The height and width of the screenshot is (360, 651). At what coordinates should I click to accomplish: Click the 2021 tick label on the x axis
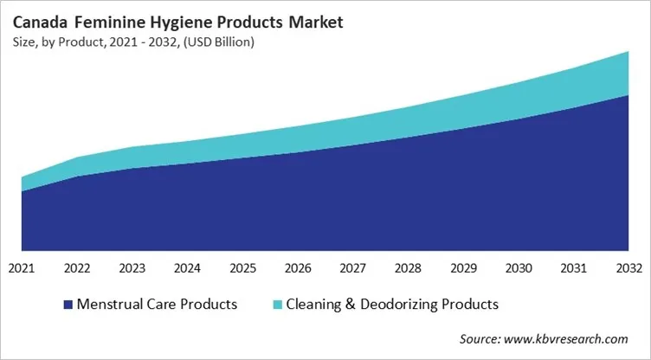tap(22, 267)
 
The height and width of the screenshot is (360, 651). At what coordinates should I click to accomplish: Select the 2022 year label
tap(77, 267)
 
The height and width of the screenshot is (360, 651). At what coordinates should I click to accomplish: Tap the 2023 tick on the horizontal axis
tap(132, 267)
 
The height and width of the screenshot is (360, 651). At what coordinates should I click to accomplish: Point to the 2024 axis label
tap(187, 267)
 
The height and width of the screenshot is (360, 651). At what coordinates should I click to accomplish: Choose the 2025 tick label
tap(242, 267)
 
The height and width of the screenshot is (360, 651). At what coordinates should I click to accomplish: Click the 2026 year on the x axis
tap(298, 267)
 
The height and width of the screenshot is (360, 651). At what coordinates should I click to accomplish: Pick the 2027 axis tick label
tap(352, 267)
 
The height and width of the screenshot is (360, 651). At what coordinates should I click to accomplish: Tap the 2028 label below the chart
tap(408, 267)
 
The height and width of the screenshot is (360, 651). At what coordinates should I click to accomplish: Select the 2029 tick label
tap(463, 267)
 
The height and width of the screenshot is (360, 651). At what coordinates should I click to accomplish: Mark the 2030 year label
tap(518, 267)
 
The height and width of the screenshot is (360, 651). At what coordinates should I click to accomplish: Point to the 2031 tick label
tap(573, 267)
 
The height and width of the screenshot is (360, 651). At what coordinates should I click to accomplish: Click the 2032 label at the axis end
tap(628, 267)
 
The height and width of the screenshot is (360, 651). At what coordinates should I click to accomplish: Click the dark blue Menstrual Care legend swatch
tap(67, 305)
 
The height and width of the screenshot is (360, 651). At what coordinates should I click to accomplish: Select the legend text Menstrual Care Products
tap(157, 305)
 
